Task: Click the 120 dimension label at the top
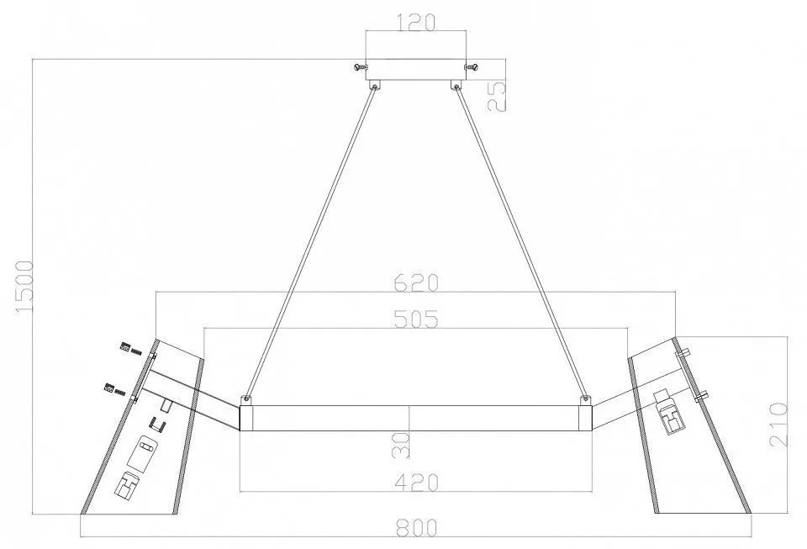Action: click(416, 22)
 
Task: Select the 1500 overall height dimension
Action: click(24, 286)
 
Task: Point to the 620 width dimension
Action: click(416, 283)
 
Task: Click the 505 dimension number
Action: click(416, 319)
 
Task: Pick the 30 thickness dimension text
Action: click(402, 445)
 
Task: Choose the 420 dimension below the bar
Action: click(416, 482)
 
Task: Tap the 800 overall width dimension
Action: click(416, 527)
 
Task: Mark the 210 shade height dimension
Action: click(778, 425)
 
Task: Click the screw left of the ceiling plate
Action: click(360, 67)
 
